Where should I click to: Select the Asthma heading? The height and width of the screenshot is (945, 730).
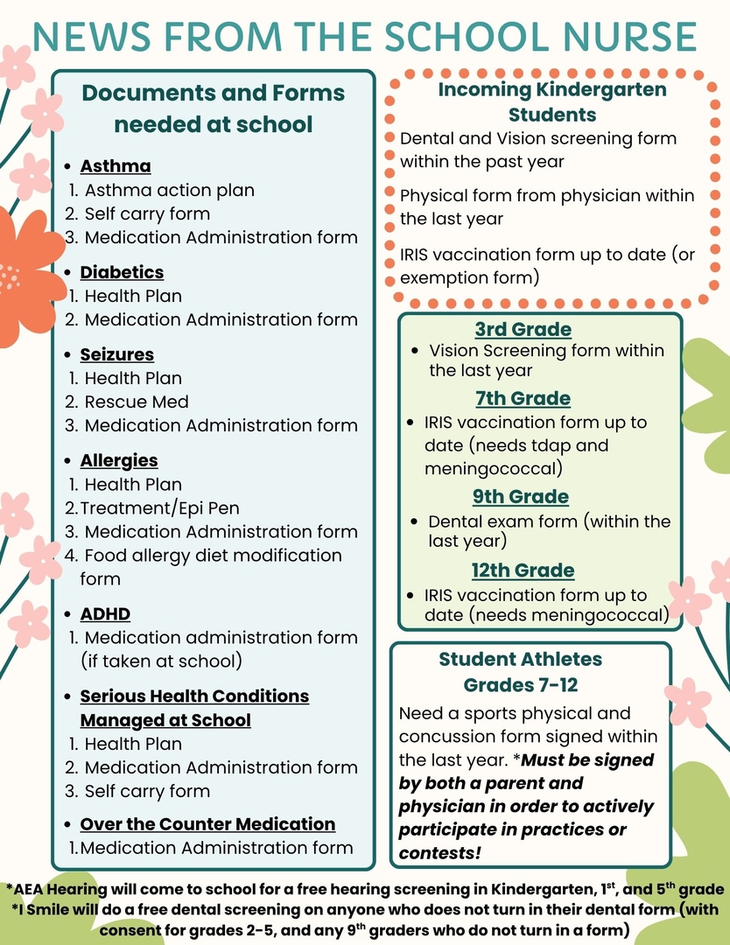click(116, 166)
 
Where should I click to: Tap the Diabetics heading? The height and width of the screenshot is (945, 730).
click(122, 272)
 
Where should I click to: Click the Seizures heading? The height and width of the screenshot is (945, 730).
click(116, 354)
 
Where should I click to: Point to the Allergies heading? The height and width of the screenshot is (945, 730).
click(119, 460)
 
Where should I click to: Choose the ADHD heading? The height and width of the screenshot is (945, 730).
click(105, 613)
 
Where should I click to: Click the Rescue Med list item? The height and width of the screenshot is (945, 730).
click(137, 402)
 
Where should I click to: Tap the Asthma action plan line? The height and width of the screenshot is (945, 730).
click(170, 190)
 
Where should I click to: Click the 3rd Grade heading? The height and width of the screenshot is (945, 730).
click(523, 330)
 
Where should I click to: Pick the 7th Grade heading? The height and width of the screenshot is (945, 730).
click(523, 398)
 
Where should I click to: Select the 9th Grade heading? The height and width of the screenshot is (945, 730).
click(521, 497)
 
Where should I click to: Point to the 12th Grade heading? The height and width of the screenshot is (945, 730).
click(523, 570)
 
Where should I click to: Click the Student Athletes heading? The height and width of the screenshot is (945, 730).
click(520, 659)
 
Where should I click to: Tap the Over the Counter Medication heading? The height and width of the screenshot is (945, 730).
click(207, 824)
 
